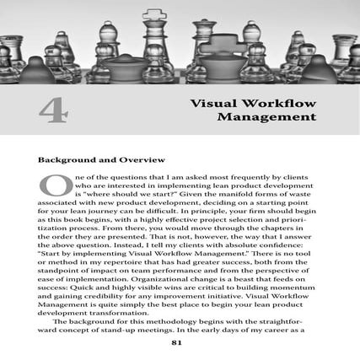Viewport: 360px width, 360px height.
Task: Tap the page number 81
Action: click(x=176, y=342)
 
